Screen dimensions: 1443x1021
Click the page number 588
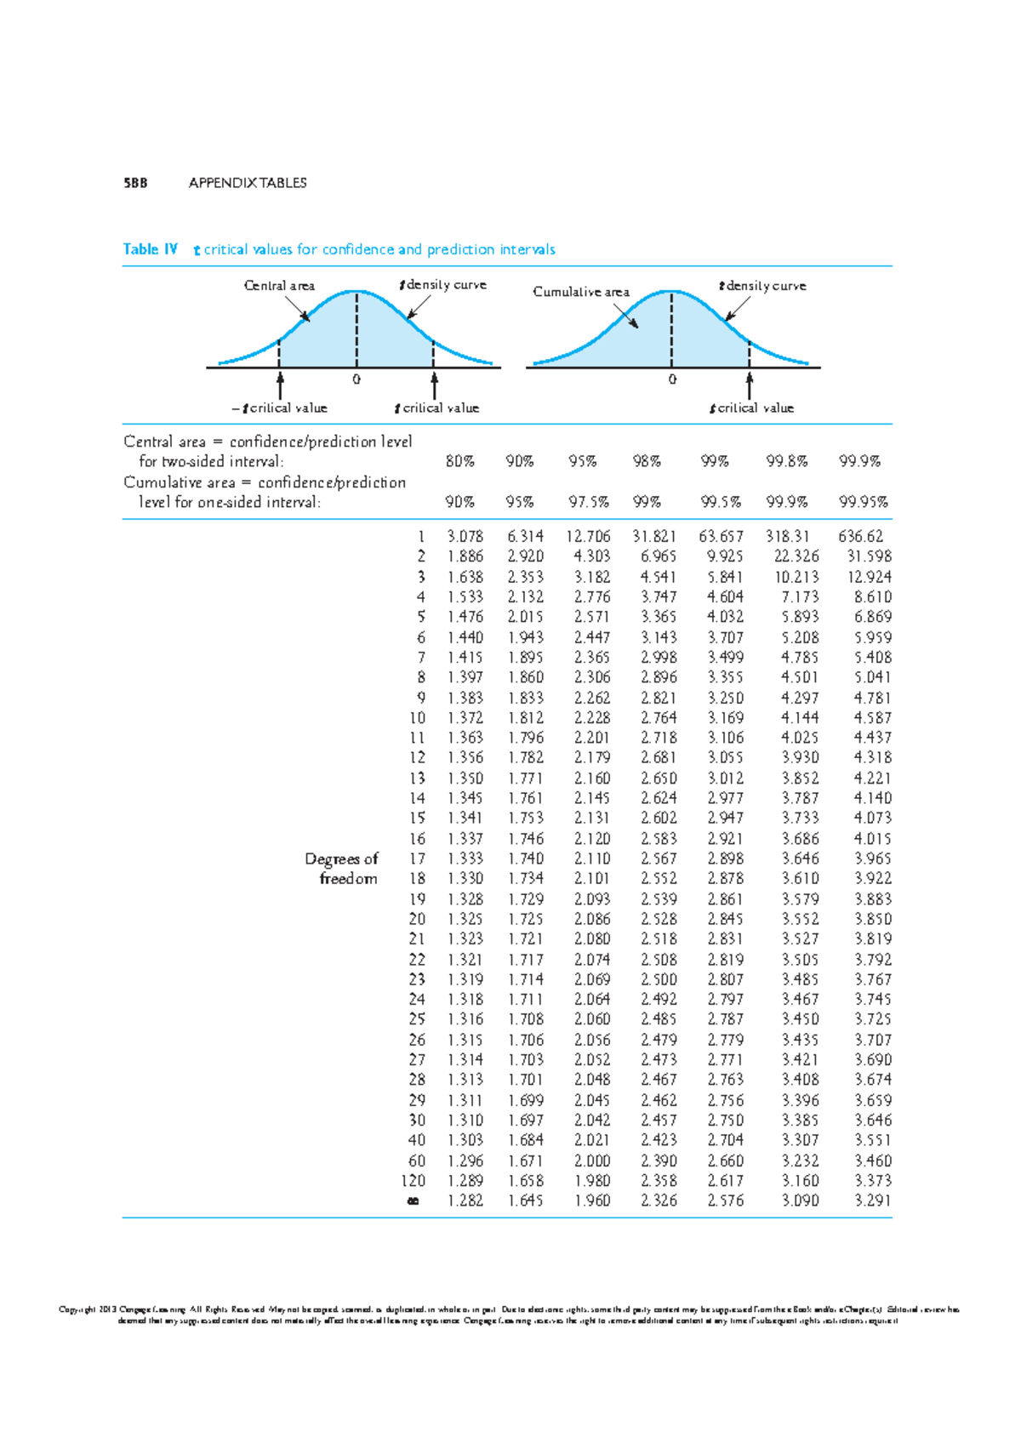[135, 183]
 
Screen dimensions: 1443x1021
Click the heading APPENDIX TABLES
[248, 183]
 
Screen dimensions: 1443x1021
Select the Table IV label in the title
[150, 249]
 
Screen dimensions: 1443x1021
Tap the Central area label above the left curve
[279, 286]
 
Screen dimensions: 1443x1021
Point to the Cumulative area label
[581, 292]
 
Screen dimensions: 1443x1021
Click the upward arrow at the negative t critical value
[279, 384]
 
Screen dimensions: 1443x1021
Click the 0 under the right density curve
[672, 379]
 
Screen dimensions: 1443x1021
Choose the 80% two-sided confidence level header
[460, 461]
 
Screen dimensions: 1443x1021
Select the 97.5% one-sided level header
[589, 502]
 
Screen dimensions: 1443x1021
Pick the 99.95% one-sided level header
[864, 502]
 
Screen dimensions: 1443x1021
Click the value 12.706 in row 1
[588, 537]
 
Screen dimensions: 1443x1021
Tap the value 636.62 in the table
[861, 537]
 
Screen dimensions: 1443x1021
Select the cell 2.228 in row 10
[591, 718]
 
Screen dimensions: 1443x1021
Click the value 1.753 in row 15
[526, 818]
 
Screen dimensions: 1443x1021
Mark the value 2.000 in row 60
[591, 1161]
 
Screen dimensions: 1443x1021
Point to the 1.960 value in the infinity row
[591, 1201]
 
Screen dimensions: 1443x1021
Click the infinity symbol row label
[414, 1201]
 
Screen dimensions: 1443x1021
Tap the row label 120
[414, 1181]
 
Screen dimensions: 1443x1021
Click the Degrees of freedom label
[342, 869]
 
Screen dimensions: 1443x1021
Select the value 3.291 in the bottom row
[873, 1201]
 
